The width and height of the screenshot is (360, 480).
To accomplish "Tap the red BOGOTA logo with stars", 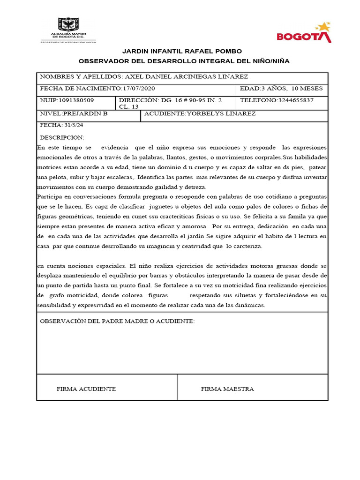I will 304,33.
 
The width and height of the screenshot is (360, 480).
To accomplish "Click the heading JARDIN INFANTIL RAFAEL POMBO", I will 182,51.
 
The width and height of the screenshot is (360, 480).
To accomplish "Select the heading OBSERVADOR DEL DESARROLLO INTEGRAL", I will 184,61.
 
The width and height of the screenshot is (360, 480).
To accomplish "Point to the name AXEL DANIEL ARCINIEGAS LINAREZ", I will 186,77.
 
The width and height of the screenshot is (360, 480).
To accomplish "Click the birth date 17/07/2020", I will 138,89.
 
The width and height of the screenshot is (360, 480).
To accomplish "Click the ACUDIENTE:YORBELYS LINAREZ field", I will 200,114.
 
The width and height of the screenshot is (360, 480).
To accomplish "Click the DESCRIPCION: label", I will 62,138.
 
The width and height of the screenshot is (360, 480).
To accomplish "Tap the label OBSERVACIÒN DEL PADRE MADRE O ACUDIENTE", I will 117,321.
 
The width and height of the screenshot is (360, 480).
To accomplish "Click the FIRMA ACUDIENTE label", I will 86,389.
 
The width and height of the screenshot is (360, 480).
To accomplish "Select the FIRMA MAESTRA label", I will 227,389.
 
